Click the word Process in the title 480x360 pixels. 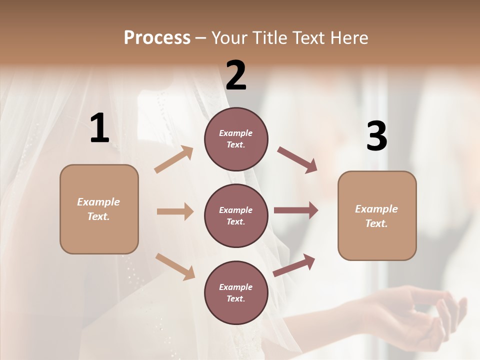157,38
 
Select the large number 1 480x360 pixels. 99,128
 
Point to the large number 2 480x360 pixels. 236,75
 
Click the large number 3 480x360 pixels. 377,136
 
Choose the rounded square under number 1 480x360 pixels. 99,209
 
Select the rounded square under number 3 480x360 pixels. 377,216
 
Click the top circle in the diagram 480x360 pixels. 236,139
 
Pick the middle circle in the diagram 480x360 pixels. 236,215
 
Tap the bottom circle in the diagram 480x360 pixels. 236,292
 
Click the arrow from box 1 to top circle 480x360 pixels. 174,159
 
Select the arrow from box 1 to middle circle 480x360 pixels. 175,211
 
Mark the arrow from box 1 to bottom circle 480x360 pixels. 175,266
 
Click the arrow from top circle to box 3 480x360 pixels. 297,159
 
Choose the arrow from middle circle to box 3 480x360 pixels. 296,210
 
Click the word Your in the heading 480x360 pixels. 229,38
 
